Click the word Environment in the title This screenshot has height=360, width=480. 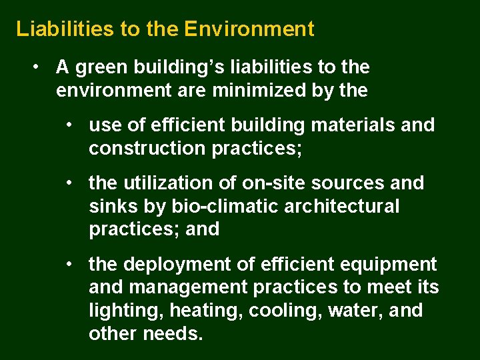[x=249, y=29]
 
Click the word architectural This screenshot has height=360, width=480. [x=342, y=207]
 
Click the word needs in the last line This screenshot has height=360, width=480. [x=173, y=334]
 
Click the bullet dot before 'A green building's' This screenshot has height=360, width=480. [x=39, y=67]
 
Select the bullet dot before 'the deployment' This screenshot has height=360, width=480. [x=70, y=265]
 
